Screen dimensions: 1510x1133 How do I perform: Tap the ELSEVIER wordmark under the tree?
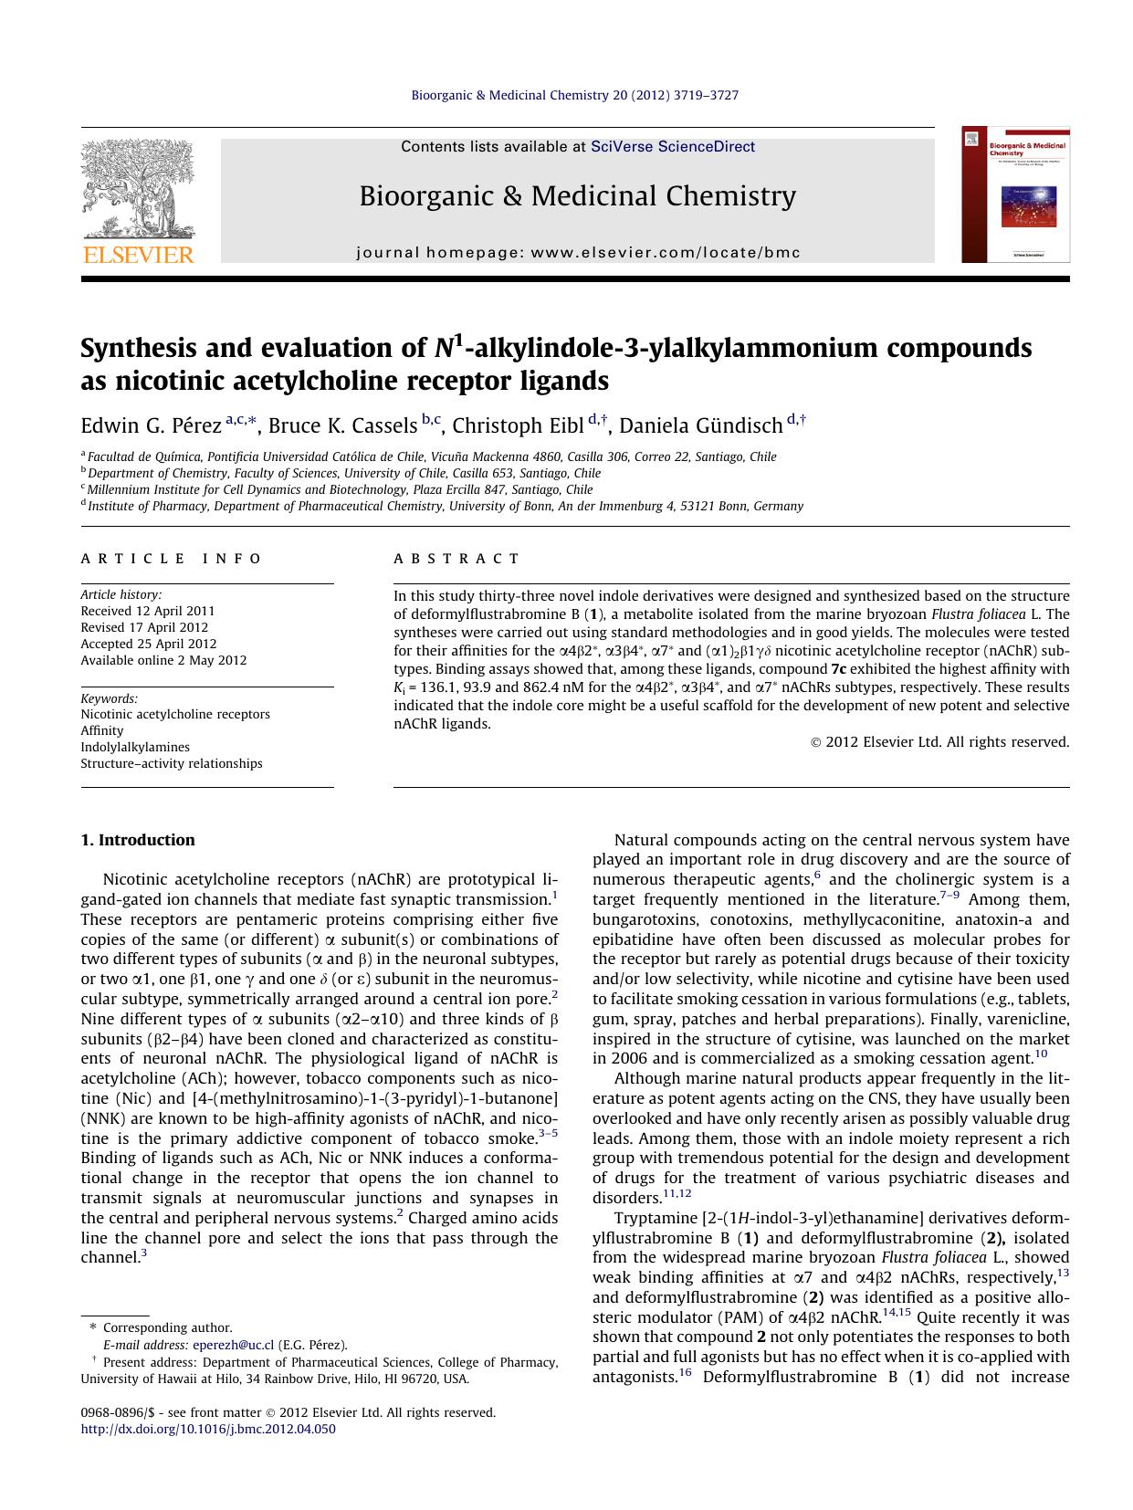point(138,255)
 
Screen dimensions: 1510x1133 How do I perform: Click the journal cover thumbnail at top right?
point(1014,194)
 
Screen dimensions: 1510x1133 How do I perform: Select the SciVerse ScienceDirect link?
point(673,146)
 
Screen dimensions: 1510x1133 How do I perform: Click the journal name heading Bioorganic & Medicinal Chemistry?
point(577,196)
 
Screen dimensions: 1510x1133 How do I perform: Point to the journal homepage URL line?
point(577,253)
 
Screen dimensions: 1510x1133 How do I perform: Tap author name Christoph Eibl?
point(518,425)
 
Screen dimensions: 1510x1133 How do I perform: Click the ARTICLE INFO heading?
point(171,559)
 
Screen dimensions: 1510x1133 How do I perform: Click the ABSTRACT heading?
point(456,559)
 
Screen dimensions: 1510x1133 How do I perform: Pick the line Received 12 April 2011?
point(148,611)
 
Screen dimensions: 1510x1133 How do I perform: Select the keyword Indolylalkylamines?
point(135,747)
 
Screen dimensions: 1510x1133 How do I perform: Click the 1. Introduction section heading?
point(138,840)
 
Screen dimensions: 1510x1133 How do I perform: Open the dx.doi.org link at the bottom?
point(208,1429)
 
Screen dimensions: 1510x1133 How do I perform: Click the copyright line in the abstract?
point(939,742)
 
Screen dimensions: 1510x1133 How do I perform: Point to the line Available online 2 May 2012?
point(163,660)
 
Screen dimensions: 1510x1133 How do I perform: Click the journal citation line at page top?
point(575,95)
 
